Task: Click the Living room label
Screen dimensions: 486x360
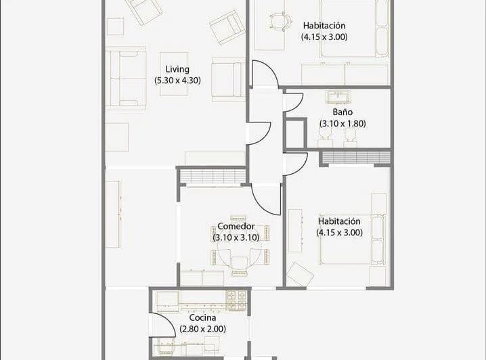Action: pos(177,70)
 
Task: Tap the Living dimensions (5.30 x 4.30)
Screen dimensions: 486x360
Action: pos(177,81)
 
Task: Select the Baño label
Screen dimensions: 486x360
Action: pos(343,112)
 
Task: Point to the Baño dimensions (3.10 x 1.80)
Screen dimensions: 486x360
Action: pos(343,124)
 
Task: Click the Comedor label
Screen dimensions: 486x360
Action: pos(236,226)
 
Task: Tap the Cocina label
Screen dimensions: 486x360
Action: pos(202,317)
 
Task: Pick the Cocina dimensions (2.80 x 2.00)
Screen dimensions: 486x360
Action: pos(202,329)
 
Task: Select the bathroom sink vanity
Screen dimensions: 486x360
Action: pos(338,97)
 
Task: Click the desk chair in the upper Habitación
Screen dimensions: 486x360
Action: pos(281,22)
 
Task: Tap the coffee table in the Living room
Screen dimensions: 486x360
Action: pos(174,74)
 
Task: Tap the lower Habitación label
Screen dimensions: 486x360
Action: pos(339,221)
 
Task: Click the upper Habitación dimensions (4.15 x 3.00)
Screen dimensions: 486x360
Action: pos(324,37)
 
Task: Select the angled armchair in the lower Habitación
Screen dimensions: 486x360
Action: pos(300,275)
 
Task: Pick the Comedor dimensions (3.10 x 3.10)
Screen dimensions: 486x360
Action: pos(236,238)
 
